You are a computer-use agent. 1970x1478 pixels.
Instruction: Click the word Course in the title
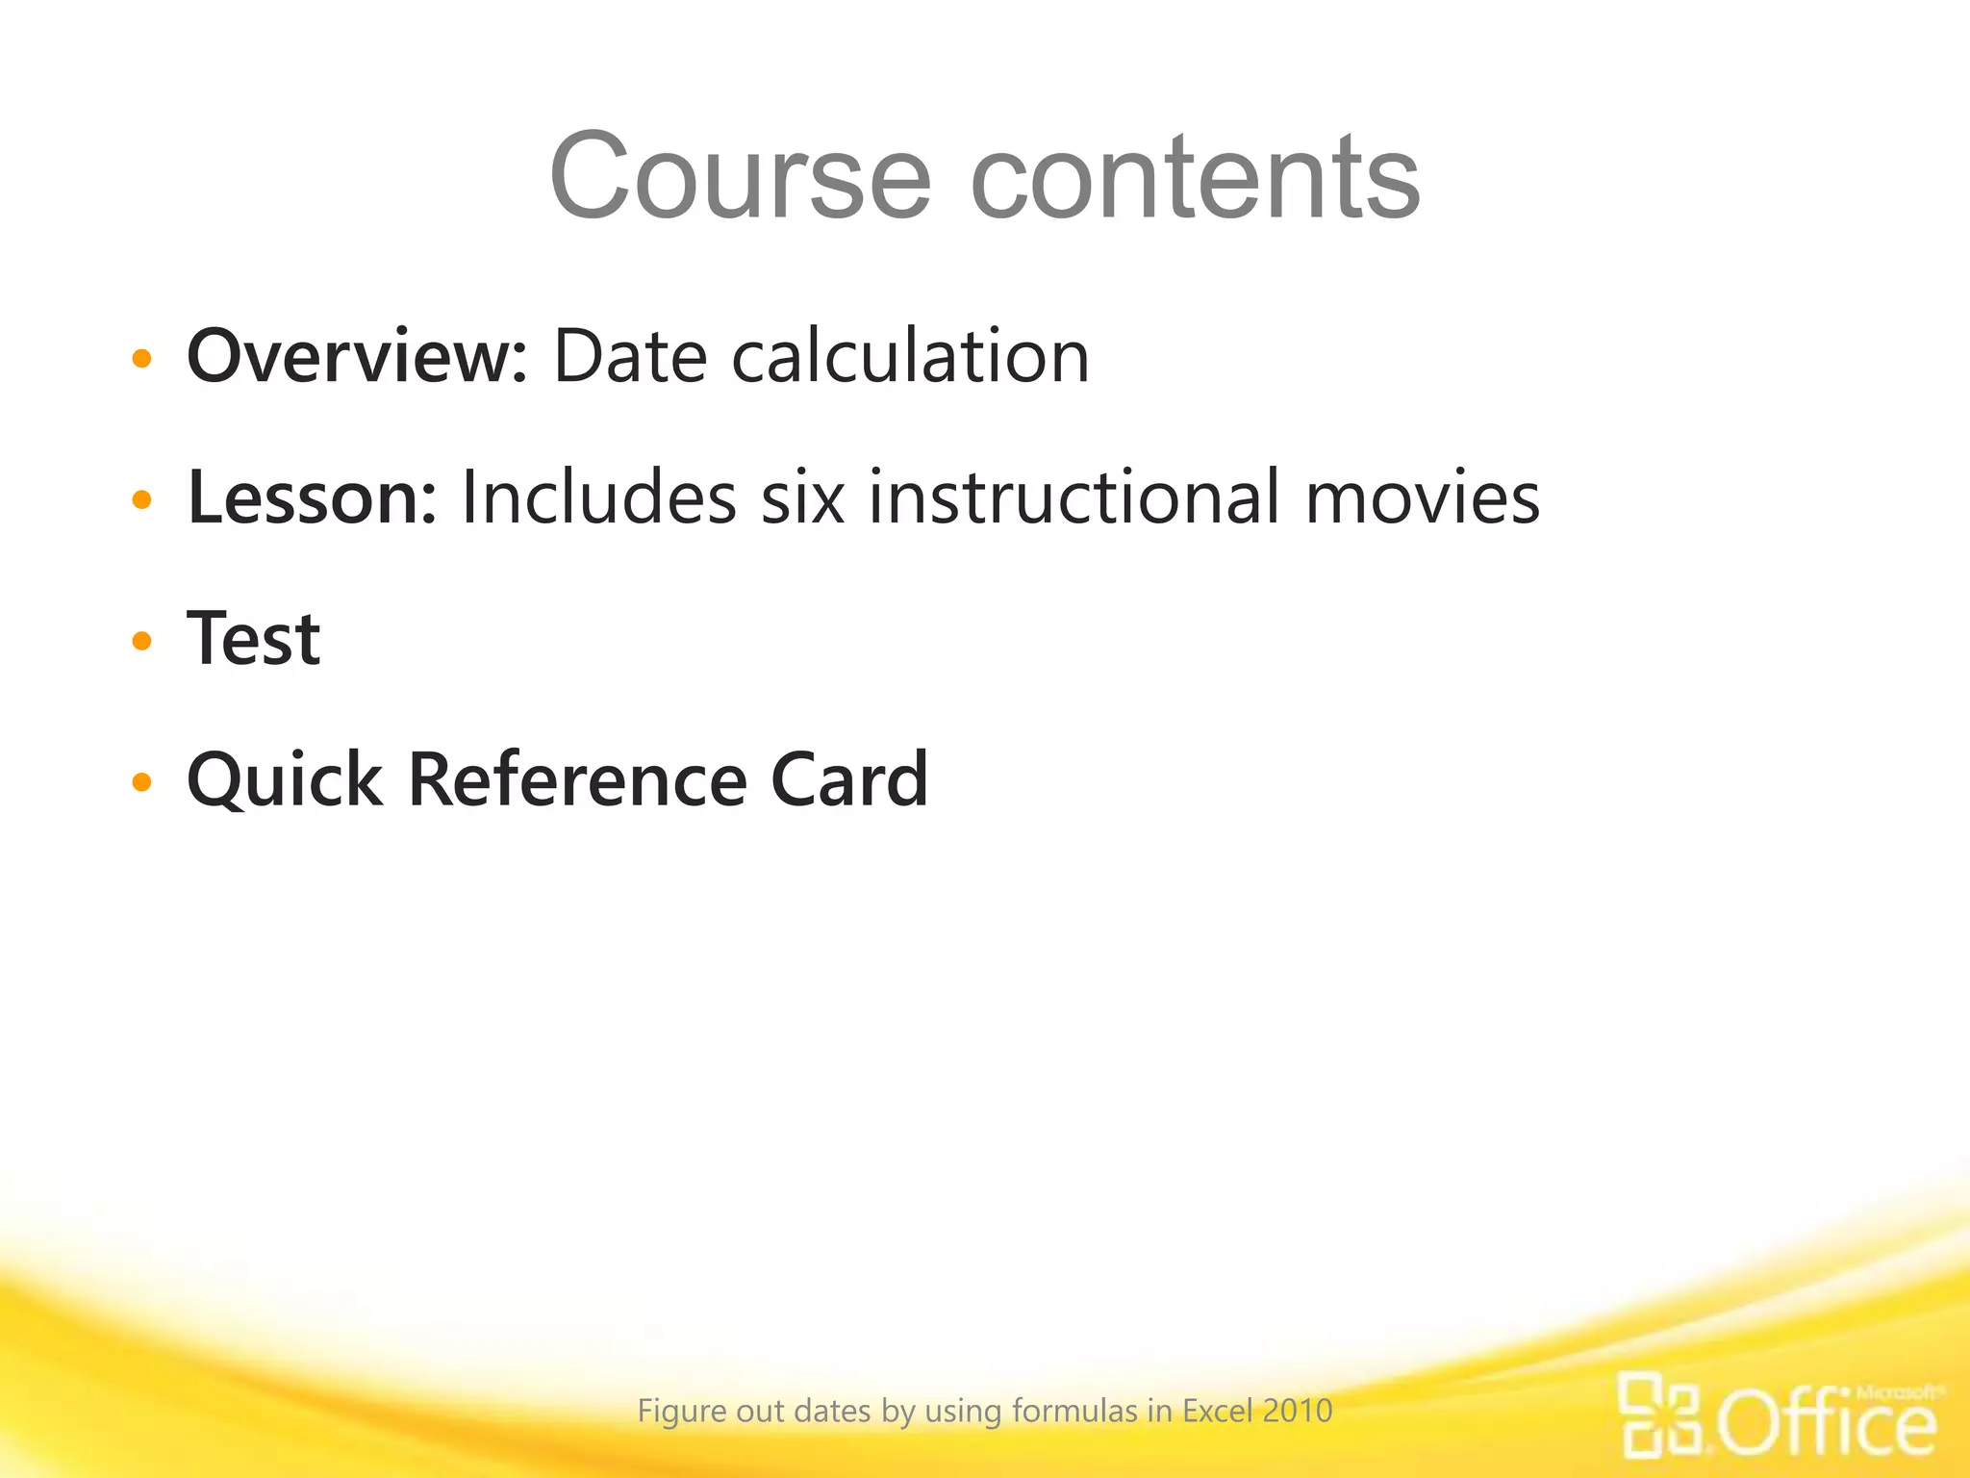tap(740, 178)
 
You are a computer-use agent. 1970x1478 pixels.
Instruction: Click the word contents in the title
tap(1195, 178)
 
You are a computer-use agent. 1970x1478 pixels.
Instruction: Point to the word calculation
tap(910, 356)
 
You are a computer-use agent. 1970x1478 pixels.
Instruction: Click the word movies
tap(1422, 497)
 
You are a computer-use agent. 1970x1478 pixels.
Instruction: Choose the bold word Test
tap(254, 639)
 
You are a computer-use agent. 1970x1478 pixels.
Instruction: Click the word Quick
tap(285, 780)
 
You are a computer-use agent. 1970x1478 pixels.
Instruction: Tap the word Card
tap(849, 780)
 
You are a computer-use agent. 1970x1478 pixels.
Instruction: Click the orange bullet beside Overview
tap(142, 360)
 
